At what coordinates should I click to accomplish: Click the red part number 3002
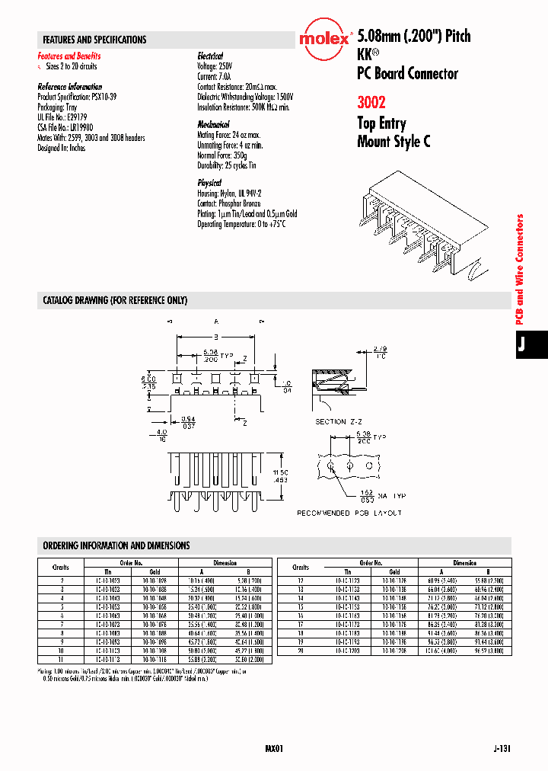[x=371, y=103]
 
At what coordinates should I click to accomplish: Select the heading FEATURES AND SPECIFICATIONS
[x=94, y=40]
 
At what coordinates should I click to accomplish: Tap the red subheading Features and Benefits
[x=69, y=56]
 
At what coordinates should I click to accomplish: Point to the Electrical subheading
[x=210, y=56]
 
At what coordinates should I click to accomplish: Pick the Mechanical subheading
[x=214, y=124]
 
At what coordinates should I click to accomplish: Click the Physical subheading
[x=209, y=183]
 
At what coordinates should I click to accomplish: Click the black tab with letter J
[x=522, y=344]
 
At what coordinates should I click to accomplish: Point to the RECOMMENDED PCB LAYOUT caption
[x=349, y=513]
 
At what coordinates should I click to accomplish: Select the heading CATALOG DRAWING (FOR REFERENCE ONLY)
[x=115, y=301]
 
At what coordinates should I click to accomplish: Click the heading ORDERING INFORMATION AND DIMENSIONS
[x=116, y=545]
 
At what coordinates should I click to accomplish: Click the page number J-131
[x=502, y=749]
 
